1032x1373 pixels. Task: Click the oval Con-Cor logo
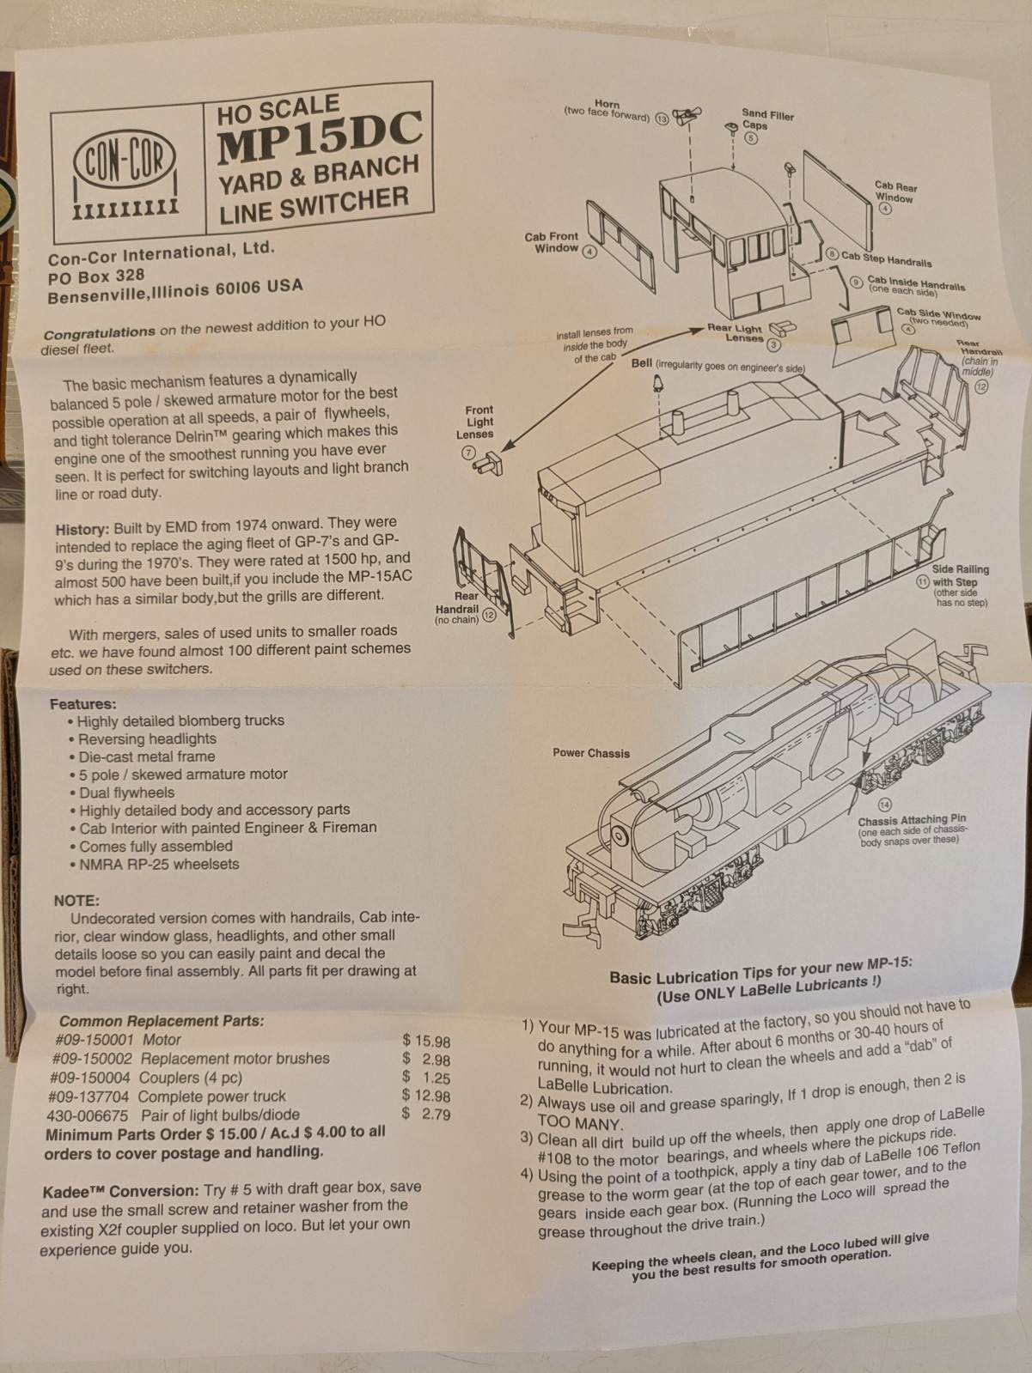[x=124, y=161]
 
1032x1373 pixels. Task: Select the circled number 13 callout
[x=662, y=118]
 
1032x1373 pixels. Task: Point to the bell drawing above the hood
[x=657, y=383]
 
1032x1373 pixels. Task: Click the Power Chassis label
[x=591, y=753]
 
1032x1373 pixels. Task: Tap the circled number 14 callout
[x=884, y=805]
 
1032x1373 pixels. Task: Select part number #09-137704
[x=89, y=1097]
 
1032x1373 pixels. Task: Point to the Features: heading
[x=83, y=704]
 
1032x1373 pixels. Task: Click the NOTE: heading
[x=77, y=901]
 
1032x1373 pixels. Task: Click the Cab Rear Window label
[x=895, y=192]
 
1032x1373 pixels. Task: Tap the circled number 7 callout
[x=468, y=453]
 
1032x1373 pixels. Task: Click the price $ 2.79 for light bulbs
[x=426, y=1114]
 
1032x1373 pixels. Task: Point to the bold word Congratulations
[x=100, y=332]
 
